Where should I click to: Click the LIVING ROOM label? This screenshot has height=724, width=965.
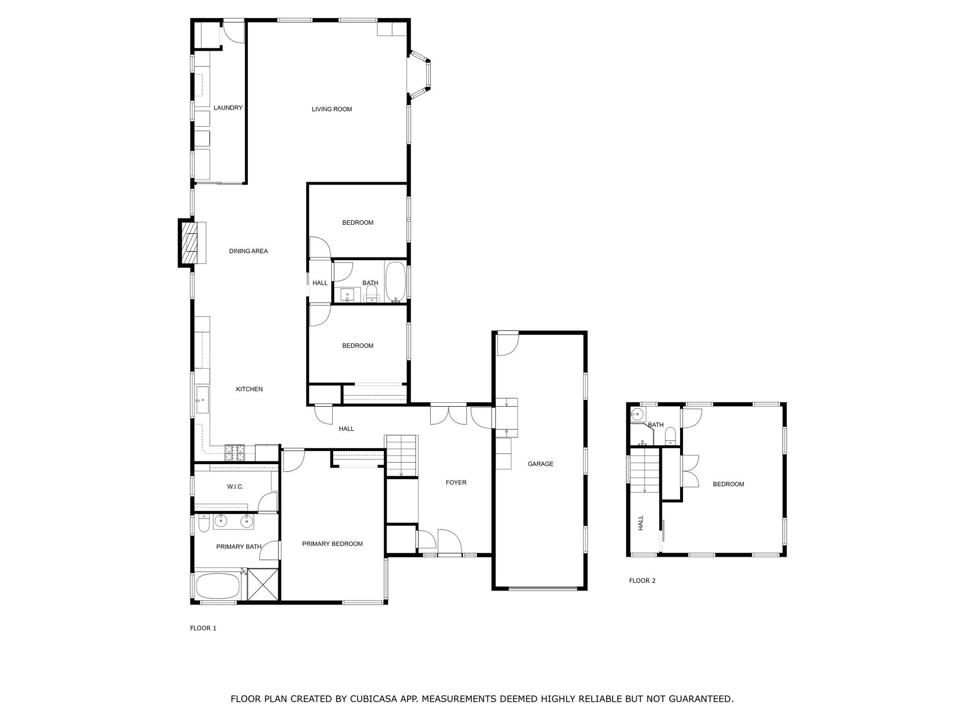[332, 109]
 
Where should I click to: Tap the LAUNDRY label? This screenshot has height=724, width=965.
[228, 108]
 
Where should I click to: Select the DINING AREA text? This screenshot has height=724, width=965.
[248, 251]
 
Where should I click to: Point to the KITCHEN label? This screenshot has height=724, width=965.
[249, 389]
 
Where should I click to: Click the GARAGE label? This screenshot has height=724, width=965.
[540, 464]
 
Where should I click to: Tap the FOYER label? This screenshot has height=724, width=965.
[456, 483]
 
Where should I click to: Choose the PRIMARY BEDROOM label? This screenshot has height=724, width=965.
[332, 544]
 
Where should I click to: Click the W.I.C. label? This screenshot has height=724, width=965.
[235, 487]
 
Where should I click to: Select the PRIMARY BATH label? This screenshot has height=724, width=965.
[239, 547]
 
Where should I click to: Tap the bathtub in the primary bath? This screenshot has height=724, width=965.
[217, 586]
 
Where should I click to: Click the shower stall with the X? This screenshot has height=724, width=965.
[263, 584]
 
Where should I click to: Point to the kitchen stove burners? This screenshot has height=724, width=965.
[235, 452]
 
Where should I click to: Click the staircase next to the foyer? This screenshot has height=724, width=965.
[401, 456]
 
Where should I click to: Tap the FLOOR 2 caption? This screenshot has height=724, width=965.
[642, 581]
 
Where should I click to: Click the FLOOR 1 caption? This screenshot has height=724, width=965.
[203, 628]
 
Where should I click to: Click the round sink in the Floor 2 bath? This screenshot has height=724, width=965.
[637, 415]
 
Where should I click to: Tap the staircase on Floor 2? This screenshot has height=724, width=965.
[644, 470]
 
